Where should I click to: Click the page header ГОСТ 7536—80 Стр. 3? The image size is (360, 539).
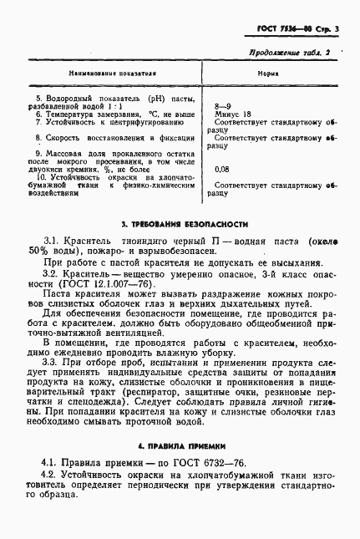point(300,30)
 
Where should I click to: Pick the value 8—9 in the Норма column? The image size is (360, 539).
point(222,107)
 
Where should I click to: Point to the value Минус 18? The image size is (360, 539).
point(233,114)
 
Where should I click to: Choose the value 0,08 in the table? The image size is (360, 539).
point(222,169)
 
